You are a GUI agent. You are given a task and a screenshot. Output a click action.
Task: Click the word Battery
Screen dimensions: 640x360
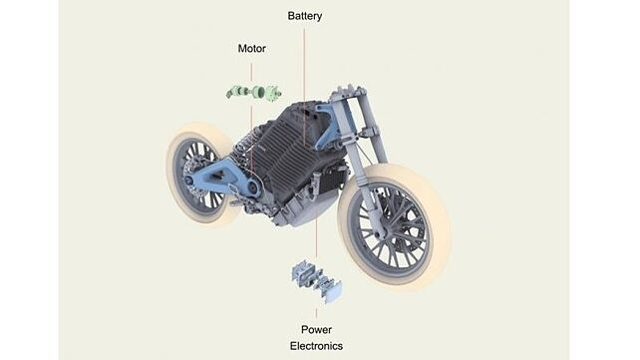click(305, 16)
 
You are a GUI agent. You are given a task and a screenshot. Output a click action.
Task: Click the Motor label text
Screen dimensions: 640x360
click(251, 48)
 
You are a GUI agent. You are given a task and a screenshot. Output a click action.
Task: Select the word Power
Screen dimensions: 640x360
click(316, 329)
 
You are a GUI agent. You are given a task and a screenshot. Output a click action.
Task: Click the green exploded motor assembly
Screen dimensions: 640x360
click(252, 93)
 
